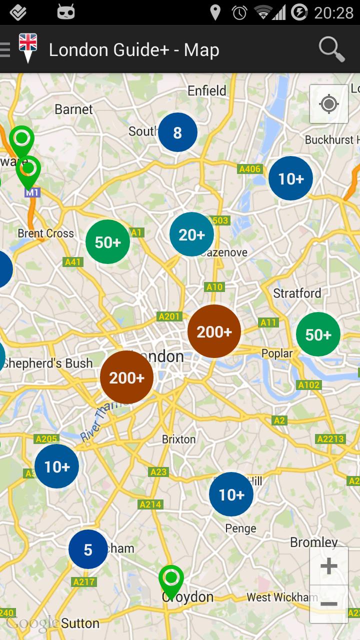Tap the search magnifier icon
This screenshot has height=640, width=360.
(x=331, y=49)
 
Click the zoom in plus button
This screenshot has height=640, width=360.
(x=328, y=566)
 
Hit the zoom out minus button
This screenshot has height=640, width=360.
(x=328, y=604)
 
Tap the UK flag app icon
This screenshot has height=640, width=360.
(x=28, y=48)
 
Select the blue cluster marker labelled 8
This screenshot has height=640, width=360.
(x=177, y=132)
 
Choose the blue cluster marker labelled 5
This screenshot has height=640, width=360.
(x=88, y=550)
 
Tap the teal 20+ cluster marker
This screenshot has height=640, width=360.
(x=191, y=234)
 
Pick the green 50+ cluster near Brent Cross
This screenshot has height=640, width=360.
(x=108, y=242)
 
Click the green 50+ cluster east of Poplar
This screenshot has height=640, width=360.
(x=318, y=334)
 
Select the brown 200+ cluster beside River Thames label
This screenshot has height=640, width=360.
(x=126, y=377)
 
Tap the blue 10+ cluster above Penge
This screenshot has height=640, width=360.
(x=231, y=494)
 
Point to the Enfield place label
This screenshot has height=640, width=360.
(x=207, y=90)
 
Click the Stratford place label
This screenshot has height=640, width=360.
(x=297, y=293)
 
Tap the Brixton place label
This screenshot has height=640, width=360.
(x=179, y=439)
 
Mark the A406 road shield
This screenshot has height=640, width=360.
(x=249, y=169)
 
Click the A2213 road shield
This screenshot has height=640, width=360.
(x=330, y=439)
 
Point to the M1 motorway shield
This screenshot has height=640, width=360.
(x=32, y=192)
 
